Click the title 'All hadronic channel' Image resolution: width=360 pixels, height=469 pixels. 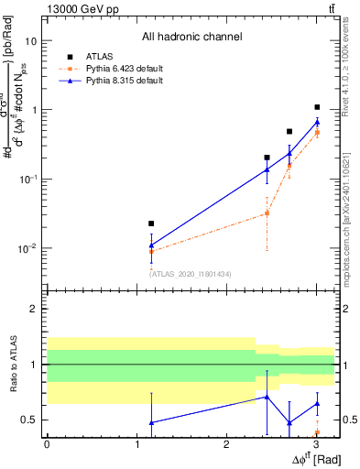click(191, 38)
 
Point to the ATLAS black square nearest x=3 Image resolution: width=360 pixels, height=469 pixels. click(317, 107)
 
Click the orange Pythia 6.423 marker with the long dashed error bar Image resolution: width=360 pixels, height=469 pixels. click(267, 213)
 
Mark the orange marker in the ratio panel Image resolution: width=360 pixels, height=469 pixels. click(317, 432)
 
